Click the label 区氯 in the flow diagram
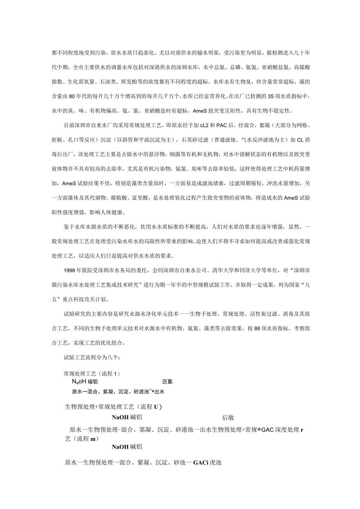167,382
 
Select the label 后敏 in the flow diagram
228,417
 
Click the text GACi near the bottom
201,462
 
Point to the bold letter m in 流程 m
93,439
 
